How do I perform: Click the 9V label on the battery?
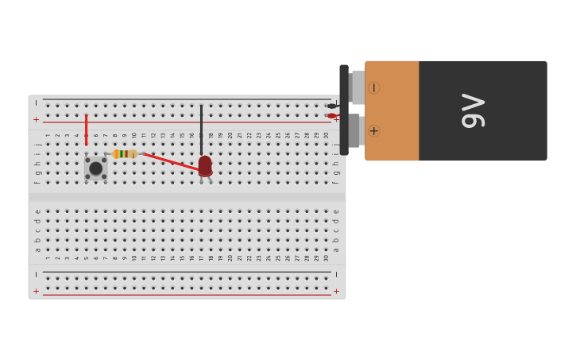[x=473, y=110]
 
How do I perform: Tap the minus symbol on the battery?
[x=373, y=87]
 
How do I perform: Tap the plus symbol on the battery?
[x=373, y=131]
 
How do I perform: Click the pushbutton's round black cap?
[x=96, y=168]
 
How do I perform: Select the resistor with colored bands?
[x=125, y=154]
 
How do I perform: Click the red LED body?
[x=205, y=165]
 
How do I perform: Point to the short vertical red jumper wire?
[x=87, y=130]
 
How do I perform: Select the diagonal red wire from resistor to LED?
[x=170, y=162]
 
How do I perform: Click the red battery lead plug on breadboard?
[x=332, y=116]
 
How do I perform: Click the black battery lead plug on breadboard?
[x=332, y=106]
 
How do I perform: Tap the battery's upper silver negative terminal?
[x=358, y=87]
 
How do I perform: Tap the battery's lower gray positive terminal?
[x=355, y=130]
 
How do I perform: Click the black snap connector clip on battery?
[x=344, y=110]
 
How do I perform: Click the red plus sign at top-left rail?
[x=36, y=119]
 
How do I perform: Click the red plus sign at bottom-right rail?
[x=336, y=291]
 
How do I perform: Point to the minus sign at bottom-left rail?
[x=36, y=274]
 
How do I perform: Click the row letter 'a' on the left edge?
[x=37, y=250]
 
